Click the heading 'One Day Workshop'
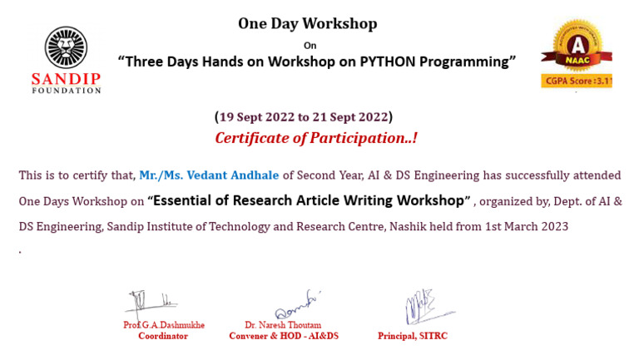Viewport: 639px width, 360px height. (x=307, y=23)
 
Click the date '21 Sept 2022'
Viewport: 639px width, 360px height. (x=349, y=116)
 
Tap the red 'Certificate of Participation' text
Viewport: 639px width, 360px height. (x=315, y=138)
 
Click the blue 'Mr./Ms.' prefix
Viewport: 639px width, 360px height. (x=161, y=175)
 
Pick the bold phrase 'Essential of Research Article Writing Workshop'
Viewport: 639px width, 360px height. (x=310, y=200)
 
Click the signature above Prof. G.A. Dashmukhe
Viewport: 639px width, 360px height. (x=151, y=301)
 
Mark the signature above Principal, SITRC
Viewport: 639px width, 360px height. (x=423, y=307)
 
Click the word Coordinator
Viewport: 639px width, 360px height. (x=163, y=336)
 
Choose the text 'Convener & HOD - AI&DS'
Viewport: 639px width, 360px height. (x=284, y=336)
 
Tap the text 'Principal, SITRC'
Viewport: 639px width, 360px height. (x=412, y=336)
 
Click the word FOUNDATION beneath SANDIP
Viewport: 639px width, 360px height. (x=66, y=90)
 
